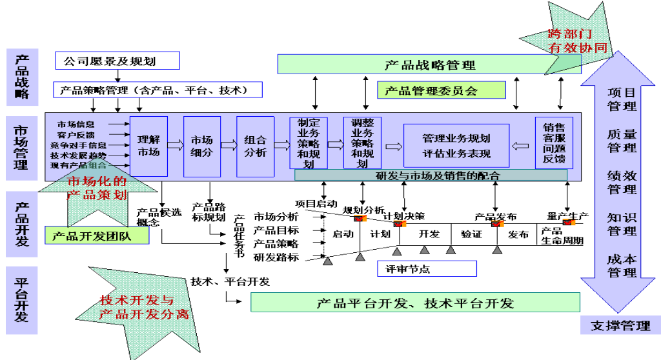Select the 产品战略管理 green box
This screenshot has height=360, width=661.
pos(429,65)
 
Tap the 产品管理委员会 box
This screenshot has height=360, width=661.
pos(442,90)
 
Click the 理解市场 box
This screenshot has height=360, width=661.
pos(148,146)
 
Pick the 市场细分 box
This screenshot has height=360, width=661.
pos(202,146)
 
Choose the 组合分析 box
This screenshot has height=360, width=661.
pos(256,146)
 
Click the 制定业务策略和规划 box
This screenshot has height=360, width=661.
pos(309,143)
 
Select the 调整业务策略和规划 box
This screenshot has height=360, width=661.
pos(361,143)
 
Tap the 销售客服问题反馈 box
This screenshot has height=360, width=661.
pos(554,143)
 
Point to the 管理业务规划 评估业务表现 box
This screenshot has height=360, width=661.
pos(456,146)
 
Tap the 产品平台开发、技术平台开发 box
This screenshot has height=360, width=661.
pos(415,303)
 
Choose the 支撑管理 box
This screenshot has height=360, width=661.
pos(620,325)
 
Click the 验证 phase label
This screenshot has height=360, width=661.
pos(471,234)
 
